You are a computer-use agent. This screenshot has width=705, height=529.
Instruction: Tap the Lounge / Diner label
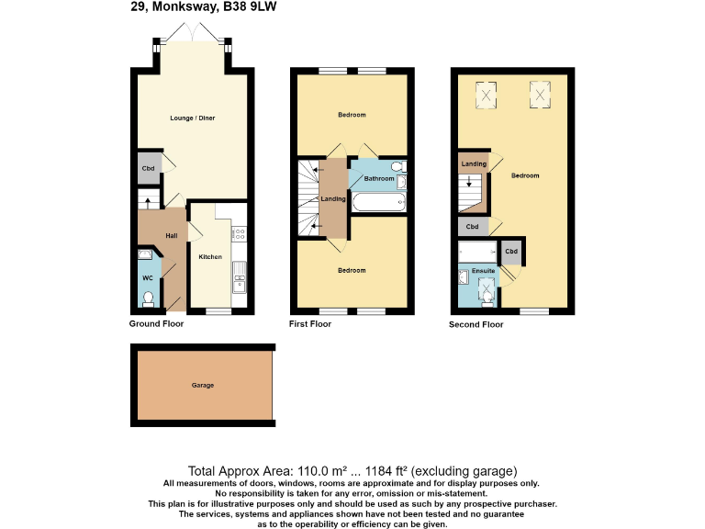click(193, 118)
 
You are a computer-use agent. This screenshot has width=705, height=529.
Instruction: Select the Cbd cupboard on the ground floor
click(148, 169)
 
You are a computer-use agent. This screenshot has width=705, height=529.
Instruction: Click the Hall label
click(171, 236)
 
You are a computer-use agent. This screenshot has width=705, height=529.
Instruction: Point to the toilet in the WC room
click(148, 298)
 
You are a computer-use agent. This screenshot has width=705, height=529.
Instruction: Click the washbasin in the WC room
click(145, 254)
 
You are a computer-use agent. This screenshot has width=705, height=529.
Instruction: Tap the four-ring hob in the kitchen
click(238, 235)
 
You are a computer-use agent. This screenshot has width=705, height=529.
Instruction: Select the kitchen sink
click(239, 273)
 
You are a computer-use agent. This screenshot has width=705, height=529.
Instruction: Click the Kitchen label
click(210, 257)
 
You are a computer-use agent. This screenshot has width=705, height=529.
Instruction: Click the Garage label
click(203, 385)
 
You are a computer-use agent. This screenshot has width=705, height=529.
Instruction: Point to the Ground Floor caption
click(157, 324)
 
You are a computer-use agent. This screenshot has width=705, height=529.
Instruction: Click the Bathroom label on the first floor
click(378, 178)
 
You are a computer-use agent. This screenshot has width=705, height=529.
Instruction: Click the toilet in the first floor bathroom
click(397, 166)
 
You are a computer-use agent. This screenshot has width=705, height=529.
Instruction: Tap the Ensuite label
click(483, 272)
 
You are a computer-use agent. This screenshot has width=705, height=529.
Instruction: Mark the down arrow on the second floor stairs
click(470, 182)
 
